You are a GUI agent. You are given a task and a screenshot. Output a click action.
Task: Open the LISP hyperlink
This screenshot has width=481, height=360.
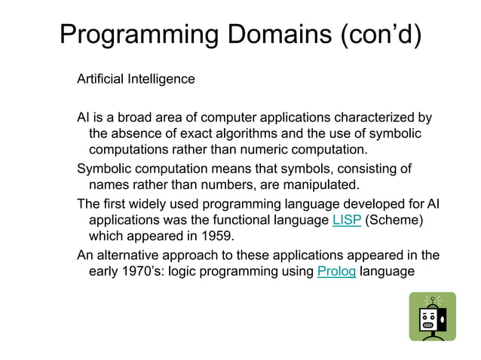click(x=346, y=220)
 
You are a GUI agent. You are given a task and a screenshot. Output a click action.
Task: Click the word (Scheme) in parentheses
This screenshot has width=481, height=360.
click(x=396, y=220)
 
